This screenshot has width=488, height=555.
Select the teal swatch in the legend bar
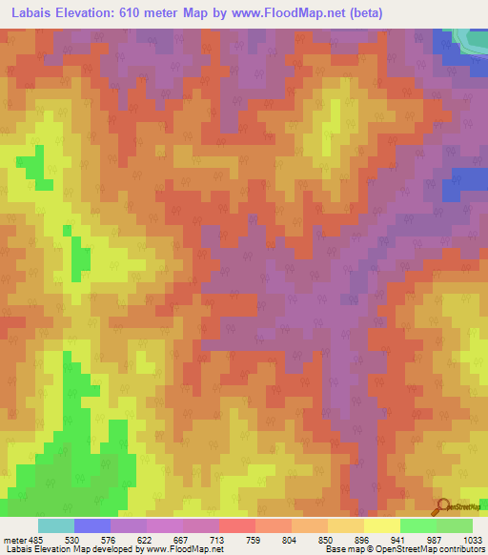pos(56,525)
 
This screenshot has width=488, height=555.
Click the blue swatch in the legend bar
pos(92,525)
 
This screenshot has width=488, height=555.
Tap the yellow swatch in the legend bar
pos(382,525)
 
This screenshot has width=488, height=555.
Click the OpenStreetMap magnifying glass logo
pos(442,507)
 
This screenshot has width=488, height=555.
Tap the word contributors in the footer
pos(458,549)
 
